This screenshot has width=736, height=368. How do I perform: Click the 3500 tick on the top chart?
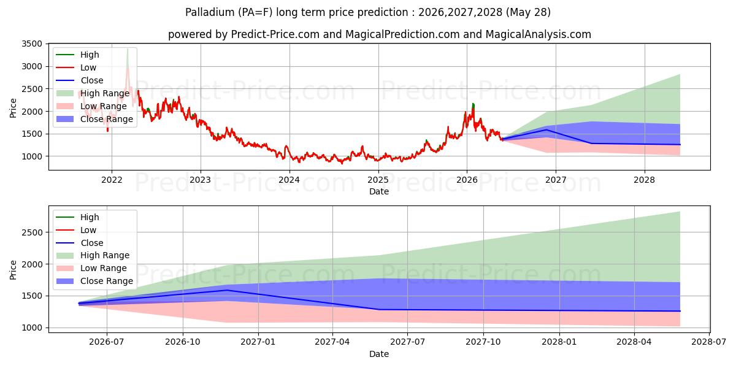(32, 44)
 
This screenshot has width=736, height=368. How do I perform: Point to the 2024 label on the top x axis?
(289, 180)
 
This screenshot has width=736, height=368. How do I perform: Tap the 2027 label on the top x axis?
(556, 180)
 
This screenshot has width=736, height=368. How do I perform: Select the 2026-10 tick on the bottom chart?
(183, 342)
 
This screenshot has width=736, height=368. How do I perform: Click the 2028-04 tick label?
(634, 342)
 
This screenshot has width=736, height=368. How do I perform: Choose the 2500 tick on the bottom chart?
(32, 232)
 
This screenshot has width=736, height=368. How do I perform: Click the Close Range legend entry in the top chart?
(94, 119)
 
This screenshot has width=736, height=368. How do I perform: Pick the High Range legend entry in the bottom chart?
(93, 255)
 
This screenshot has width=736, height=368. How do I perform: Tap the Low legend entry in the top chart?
(76, 67)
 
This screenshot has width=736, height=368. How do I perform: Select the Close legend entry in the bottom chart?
(80, 243)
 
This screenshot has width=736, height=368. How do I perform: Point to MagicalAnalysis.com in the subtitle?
(539, 34)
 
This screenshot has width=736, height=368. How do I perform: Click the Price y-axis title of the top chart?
(13, 108)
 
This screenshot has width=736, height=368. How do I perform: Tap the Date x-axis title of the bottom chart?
(379, 354)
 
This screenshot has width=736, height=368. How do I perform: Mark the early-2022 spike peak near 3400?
(128, 49)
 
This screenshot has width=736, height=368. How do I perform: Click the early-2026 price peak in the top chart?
(473, 104)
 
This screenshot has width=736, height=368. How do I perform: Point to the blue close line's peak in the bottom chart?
(227, 290)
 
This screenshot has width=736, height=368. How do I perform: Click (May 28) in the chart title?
(528, 12)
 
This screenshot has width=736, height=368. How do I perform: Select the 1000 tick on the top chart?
(32, 156)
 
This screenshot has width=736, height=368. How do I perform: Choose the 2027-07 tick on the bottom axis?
(407, 342)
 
